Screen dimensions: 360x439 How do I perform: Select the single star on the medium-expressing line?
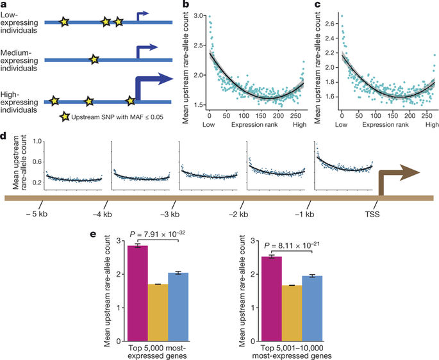[94, 60]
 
